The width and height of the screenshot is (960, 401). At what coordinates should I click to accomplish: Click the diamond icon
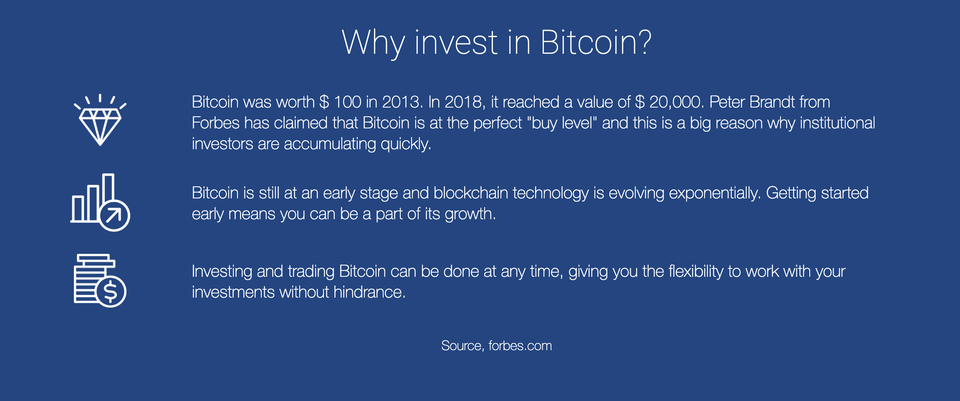[100, 123]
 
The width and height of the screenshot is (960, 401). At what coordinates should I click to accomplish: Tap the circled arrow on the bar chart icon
[114, 216]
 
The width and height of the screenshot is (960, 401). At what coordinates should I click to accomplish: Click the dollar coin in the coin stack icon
[111, 291]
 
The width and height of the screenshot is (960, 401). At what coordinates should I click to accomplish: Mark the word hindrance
[369, 292]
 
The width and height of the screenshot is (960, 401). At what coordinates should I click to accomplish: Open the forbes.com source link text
[520, 346]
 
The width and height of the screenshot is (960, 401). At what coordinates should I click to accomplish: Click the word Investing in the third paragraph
[222, 271]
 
